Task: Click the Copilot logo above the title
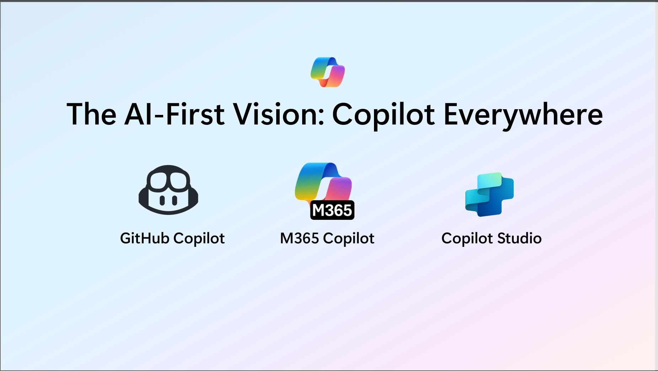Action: point(327,72)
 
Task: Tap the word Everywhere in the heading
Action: point(523,115)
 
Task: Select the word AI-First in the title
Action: point(175,115)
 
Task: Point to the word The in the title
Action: point(91,115)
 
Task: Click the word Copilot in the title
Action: point(383,115)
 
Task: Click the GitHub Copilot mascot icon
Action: point(168,190)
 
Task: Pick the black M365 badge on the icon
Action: point(332,210)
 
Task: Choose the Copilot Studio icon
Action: point(490,194)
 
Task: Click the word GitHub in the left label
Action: point(144,238)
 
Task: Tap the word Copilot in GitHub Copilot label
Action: point(199,238)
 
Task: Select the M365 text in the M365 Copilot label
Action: point(299,238)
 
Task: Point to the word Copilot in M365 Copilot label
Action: point(349,238)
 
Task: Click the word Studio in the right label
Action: point(519,238)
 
